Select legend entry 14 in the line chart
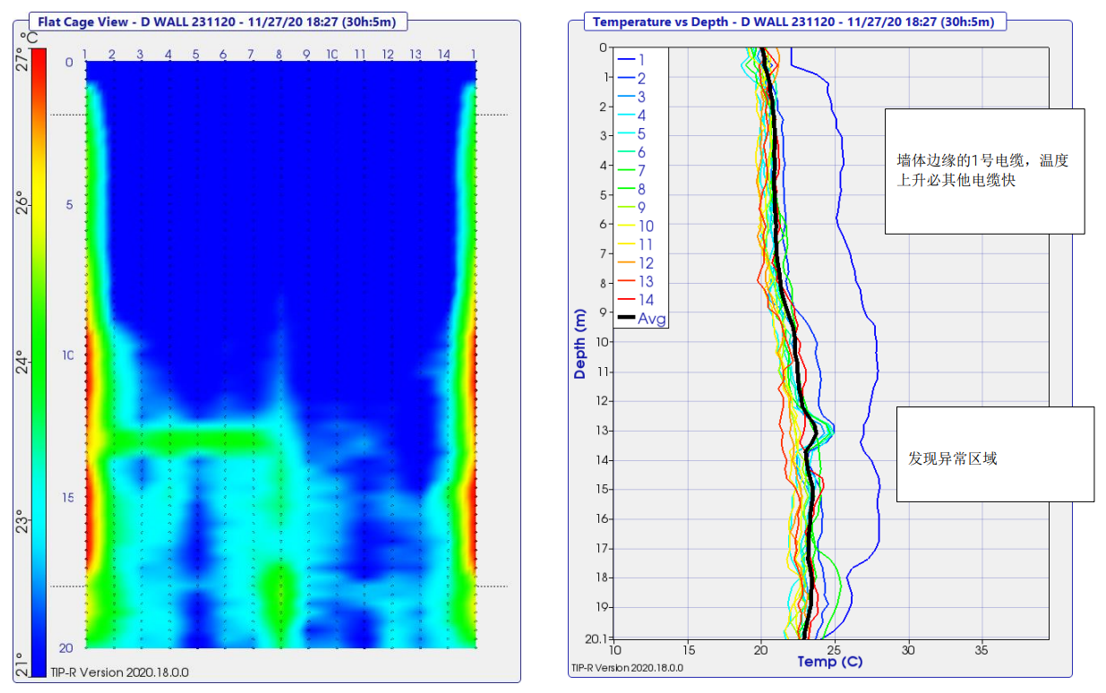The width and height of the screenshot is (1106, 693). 646,300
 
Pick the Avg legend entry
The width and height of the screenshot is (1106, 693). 651,319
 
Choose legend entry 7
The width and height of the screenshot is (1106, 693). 641,171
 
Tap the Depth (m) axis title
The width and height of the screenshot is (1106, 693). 580,345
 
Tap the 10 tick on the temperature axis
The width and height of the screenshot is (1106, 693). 614,649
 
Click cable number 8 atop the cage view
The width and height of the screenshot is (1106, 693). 279,55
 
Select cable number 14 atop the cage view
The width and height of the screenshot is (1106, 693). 444,55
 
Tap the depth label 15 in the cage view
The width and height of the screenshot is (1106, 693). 68,498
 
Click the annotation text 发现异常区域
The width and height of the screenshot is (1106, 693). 952,458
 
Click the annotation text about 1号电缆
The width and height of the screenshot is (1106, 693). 982,170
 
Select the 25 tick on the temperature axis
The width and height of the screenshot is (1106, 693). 835,649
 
